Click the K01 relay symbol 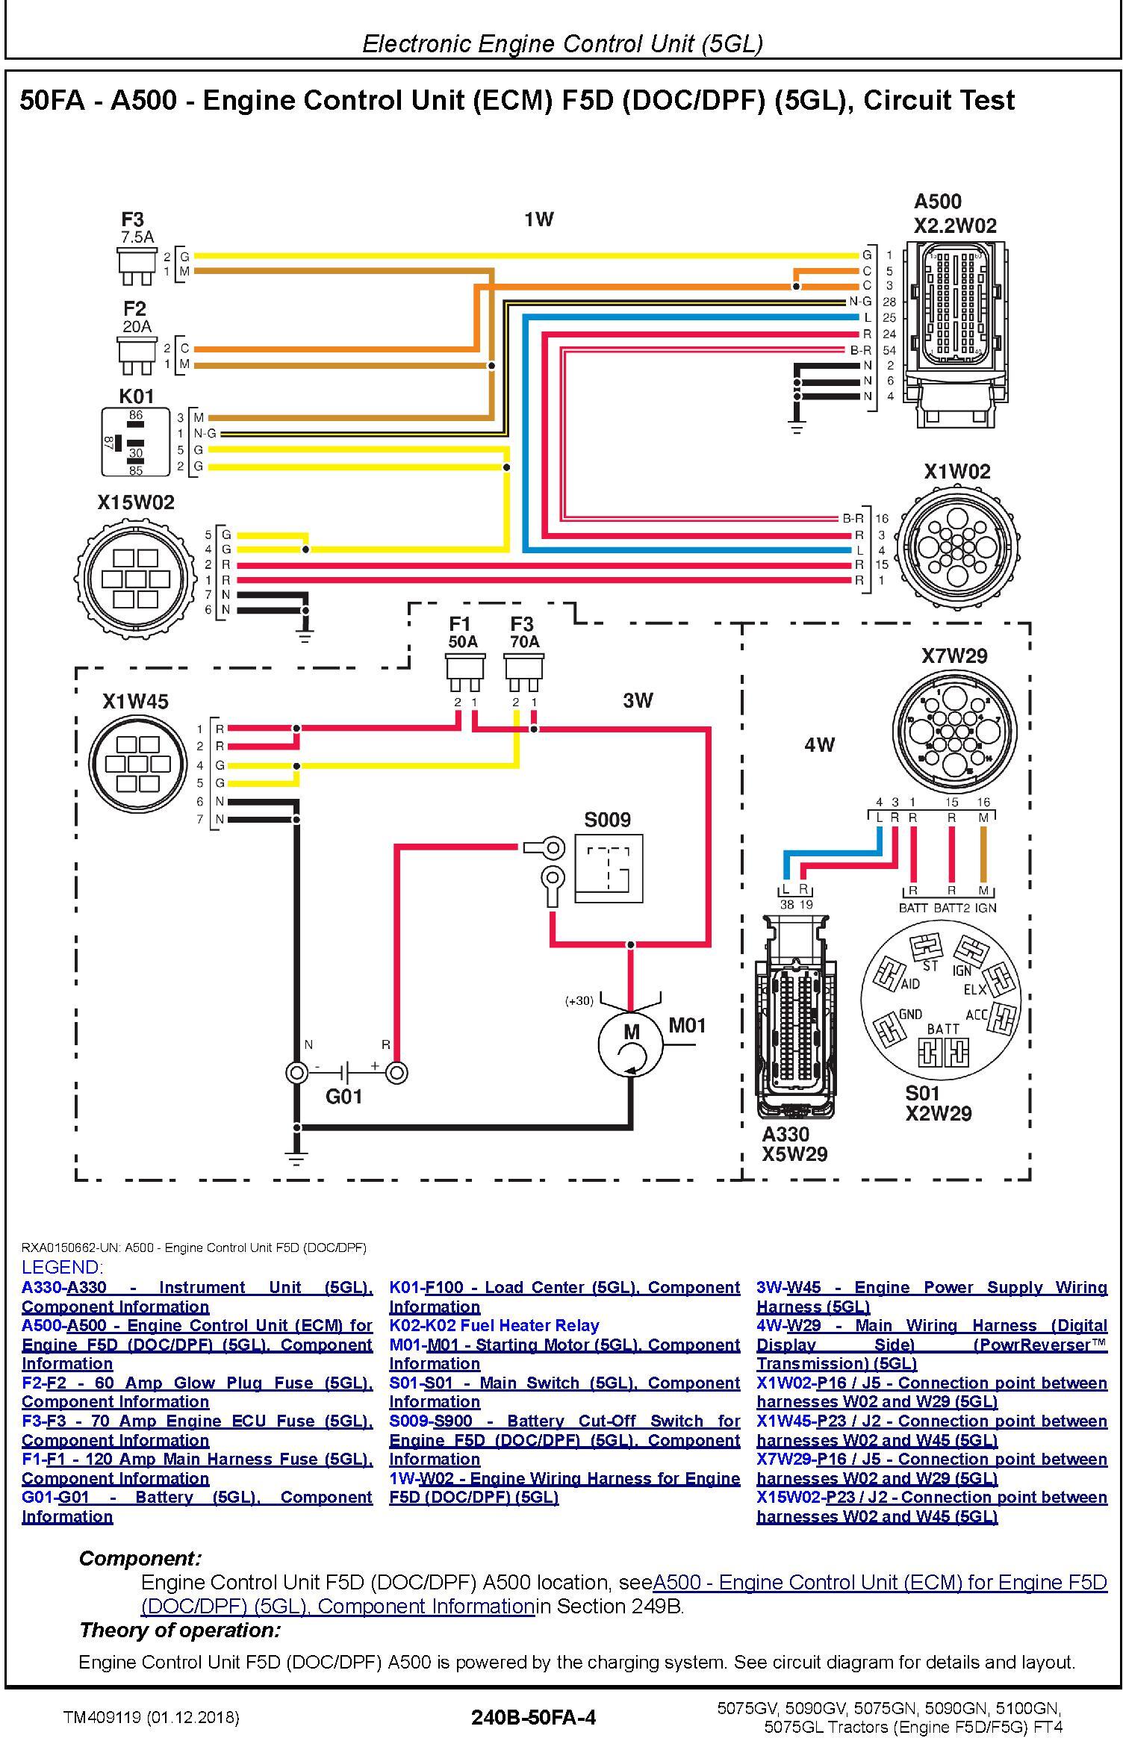pyautogui.click(x=137, y=442)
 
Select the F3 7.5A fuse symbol pyautogui.click(x=137, y=266)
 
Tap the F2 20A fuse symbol pyautogui.click(x=137, y=355)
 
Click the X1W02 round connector pyautogui.click(x=958, y=541)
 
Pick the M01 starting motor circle pyautogui.click(x=631, y=1044)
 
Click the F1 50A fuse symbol pyautogui.click(x=464, y=673)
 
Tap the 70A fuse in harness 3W pyautogui.click(x=523, y=673)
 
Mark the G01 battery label pyautogui.click(x=344, y=1096)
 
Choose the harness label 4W pyautogui.click(x=819, y=744)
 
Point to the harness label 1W pyautogui.click(x=538, y=219)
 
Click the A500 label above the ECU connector pyautogui.click(x=938, y=202)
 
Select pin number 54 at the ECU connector pyautogui.click(x=889, y=349)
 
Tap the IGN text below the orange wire pyautogui.click(x=986, y=908)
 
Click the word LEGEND pyautogui.click(x=63, y=1267)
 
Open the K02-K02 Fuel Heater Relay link pyautogui.click(x=494, y=1326)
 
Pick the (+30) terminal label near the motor pyautogui.click(x=579, y=1000)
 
